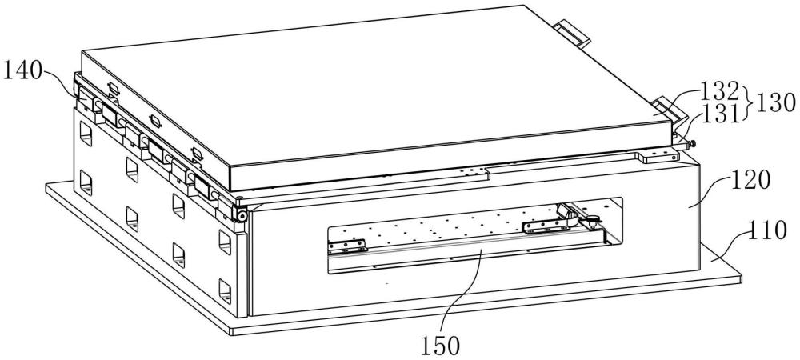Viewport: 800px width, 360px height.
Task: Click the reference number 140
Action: (x=25, y=73)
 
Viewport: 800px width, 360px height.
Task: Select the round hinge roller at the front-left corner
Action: (x=238, y=212)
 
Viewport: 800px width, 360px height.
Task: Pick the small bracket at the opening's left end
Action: (x=346, y=243)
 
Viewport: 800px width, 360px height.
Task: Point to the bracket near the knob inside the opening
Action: (x=544, y=227)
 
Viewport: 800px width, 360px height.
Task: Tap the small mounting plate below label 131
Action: (x=658, y=154)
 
